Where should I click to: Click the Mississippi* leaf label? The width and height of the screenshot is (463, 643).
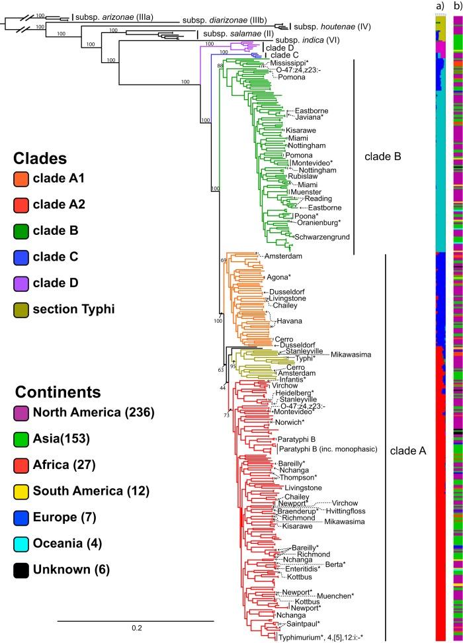pyautogui.click(x=291, y=63)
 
